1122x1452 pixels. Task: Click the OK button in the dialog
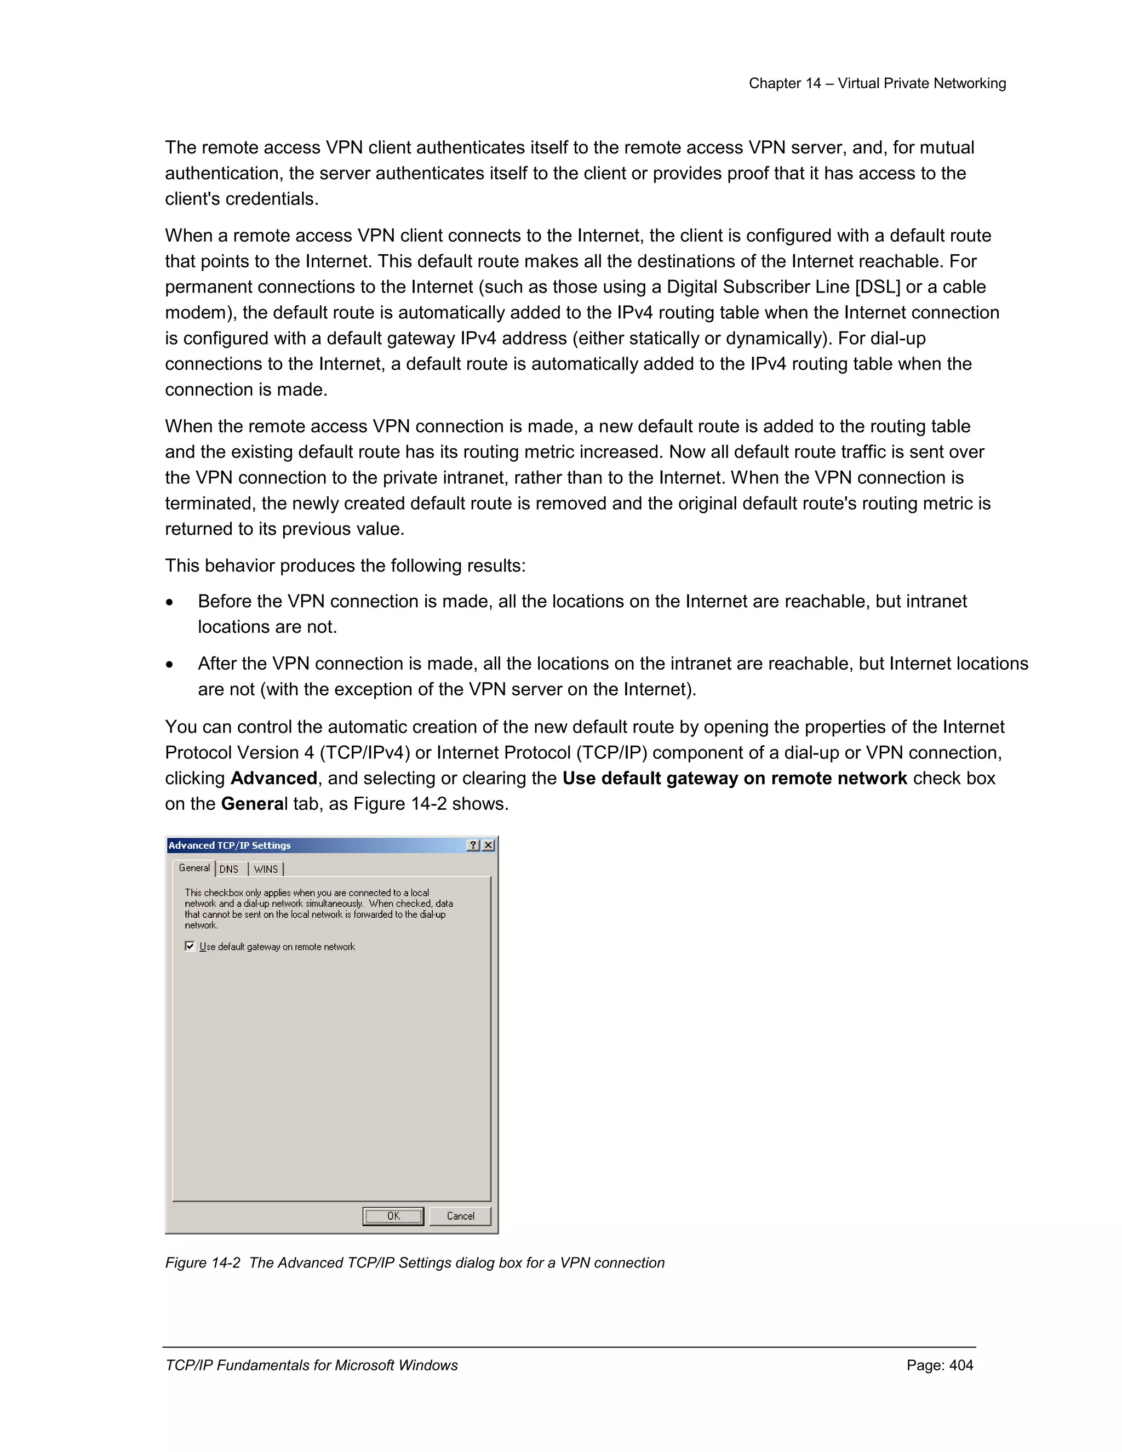pyautogui.click(x=393, y=1216)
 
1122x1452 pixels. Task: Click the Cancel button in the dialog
pyautogui.click(x=460, y=1216)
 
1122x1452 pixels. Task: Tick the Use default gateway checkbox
pyautogui.click(x=190, y=946)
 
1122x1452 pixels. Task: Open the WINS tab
pyautogui.click(x=266, y=869)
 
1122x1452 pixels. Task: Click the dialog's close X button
pyautogui.click(x=489, y=845)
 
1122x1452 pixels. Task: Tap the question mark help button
pyautogui.click(x=473, y=845)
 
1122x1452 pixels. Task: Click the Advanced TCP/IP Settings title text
pyautogui.click(x=230, y=845)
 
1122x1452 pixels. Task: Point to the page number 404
pyautogui.click(x=961, y=1365)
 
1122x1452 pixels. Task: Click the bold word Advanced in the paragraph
pyautogui.click(x=273, y=778)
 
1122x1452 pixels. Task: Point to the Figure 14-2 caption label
pyautogui.click(x=203, y=1262)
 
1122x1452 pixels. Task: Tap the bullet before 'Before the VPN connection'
pyautogui.click(x=170, y=602)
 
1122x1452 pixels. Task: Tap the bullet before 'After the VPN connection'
pyautogui.click(x=170, y=665)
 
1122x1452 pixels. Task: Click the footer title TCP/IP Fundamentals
pyautogui.click(x=311, y=1365)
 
